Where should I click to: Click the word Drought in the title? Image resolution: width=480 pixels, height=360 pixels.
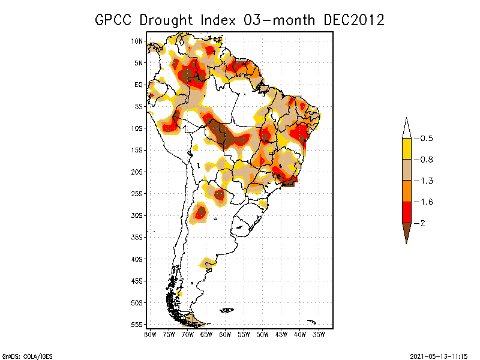[x=166, y=20]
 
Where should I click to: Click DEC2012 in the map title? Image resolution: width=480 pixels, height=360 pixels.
[x=354, y=20]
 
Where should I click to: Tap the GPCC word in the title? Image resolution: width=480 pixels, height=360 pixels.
[x=113, y=20]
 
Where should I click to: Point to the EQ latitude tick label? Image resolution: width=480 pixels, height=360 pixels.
[x=139, y=85]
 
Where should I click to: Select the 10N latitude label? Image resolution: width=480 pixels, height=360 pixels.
[x=137, y=41]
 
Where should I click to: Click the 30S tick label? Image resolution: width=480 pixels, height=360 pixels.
[x=137, y=215]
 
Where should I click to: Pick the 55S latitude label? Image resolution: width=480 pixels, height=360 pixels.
[x=137, y=325]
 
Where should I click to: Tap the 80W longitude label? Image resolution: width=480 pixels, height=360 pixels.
[x=150, y=335]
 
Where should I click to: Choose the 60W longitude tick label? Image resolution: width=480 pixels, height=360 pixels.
[x=225, y=335]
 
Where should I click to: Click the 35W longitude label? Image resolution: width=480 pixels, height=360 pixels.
[x=319, y=335]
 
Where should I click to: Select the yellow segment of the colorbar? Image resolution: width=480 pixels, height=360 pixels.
[x=407, y=149]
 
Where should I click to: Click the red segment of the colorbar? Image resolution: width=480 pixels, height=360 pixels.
[x=407, y=212]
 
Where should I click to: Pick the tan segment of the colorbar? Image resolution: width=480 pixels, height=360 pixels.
[x=407, y=170]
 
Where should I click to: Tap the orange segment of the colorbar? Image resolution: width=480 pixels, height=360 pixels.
[x=407, y=191]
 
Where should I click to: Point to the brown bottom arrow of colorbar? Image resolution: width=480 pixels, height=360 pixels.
[x=407, y=232]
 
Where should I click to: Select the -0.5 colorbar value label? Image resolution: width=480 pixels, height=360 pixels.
[x=424, y=139]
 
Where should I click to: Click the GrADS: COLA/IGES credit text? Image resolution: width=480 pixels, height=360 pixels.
[x=28, y=356]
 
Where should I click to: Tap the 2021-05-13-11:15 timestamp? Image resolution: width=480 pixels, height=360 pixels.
[x=439, y=356]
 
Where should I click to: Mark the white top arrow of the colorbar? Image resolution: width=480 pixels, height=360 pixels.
[x=407, y=129]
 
